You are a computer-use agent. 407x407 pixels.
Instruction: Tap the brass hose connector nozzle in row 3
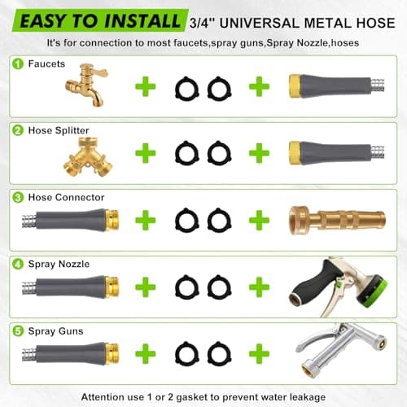pos(326,220)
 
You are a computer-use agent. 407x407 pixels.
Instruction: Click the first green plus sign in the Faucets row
pos(147,85)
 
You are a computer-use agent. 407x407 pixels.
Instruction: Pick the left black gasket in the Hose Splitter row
pos(185,153)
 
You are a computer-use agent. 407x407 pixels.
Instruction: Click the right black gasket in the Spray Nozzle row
pos(216,286)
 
